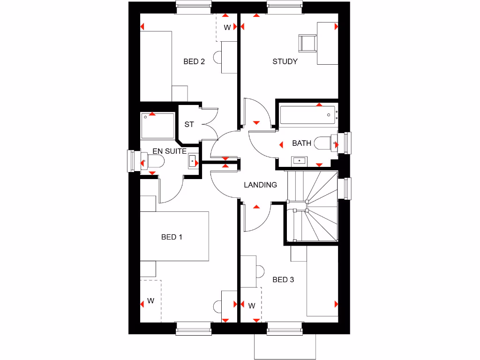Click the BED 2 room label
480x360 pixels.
coord(194,61)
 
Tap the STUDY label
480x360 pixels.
coord(285,61)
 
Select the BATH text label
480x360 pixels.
coord(301,143)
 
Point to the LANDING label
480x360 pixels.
coord(260,185)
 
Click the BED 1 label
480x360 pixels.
coord(172,237)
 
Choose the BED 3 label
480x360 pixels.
coord(283,280)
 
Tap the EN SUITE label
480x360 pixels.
coord(170,151)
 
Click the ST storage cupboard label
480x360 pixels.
coord(189,125)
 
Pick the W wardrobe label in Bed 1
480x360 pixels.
coord(150,301)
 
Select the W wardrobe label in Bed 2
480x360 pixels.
coord(227,28)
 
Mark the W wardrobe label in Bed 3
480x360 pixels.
coord(252,306)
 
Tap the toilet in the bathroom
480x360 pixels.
coord(323,142)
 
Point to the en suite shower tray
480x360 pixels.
coord(158,126)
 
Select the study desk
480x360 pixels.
coord(328,43)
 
